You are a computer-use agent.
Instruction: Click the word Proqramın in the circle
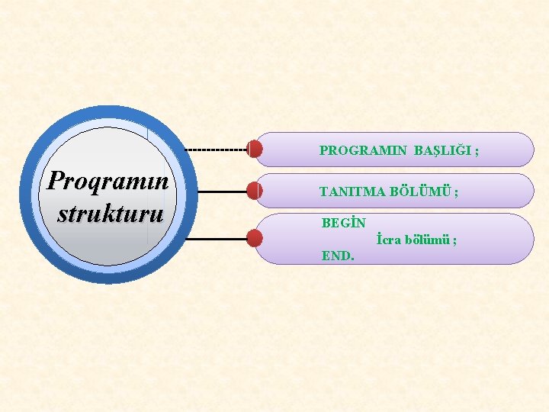coord(107,182)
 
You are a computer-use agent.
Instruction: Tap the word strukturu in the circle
coord(110,212)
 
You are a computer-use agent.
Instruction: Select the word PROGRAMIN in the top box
coord(363,151)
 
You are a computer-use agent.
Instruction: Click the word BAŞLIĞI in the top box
coord(443,151)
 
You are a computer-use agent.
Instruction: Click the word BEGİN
coord(343,224)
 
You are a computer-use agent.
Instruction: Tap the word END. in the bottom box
coord(338,256)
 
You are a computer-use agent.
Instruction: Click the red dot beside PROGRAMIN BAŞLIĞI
coord(255,149)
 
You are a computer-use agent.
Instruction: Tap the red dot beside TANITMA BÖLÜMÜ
coord(255,191)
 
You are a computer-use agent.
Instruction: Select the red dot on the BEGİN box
coord(255,239)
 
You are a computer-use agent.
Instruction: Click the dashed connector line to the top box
coord(217,149)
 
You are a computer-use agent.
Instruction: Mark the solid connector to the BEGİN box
coord(217,239)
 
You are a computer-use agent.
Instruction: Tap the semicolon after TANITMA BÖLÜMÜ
coord(456,192)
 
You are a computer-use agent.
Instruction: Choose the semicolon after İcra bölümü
coord(455,240)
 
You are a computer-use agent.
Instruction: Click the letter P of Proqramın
coord(54,181)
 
